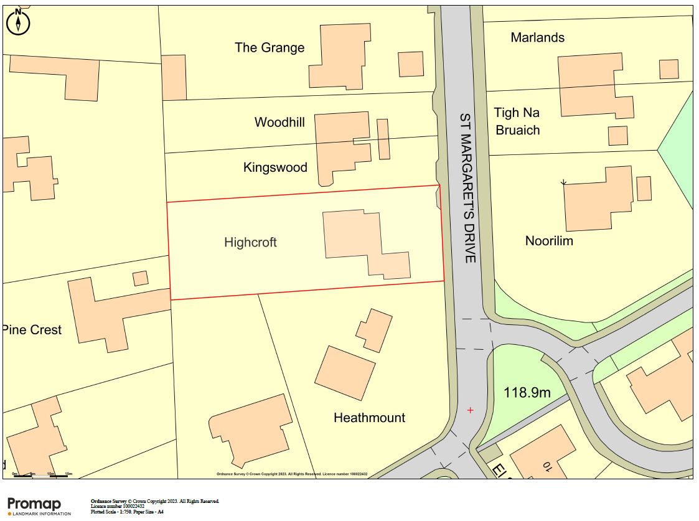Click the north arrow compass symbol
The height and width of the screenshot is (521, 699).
click(x=19, y=22)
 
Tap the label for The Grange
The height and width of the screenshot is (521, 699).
click(x=270, y=48)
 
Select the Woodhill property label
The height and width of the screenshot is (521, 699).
click(x=279, y=122)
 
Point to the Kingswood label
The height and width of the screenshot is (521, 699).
click(x=275, y=167)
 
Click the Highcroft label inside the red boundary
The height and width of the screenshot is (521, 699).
click(x=250, y=242)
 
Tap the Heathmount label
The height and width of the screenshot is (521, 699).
click(x=369, y=418)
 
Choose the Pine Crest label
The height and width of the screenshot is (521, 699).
click(x=33, y=330)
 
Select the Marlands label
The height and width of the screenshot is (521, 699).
click(x=537, y=37)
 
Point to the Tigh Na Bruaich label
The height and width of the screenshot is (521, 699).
click(x=517, y=121)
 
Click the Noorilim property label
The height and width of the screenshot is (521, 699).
click(x=549, y=241)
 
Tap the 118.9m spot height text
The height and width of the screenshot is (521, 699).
click(x=527, y=393)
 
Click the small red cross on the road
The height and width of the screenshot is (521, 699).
click(x=470, y=410)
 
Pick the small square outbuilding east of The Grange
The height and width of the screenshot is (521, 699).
click(x=411, y=64)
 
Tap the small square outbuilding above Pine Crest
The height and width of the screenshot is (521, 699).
click(x=141, y=278)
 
